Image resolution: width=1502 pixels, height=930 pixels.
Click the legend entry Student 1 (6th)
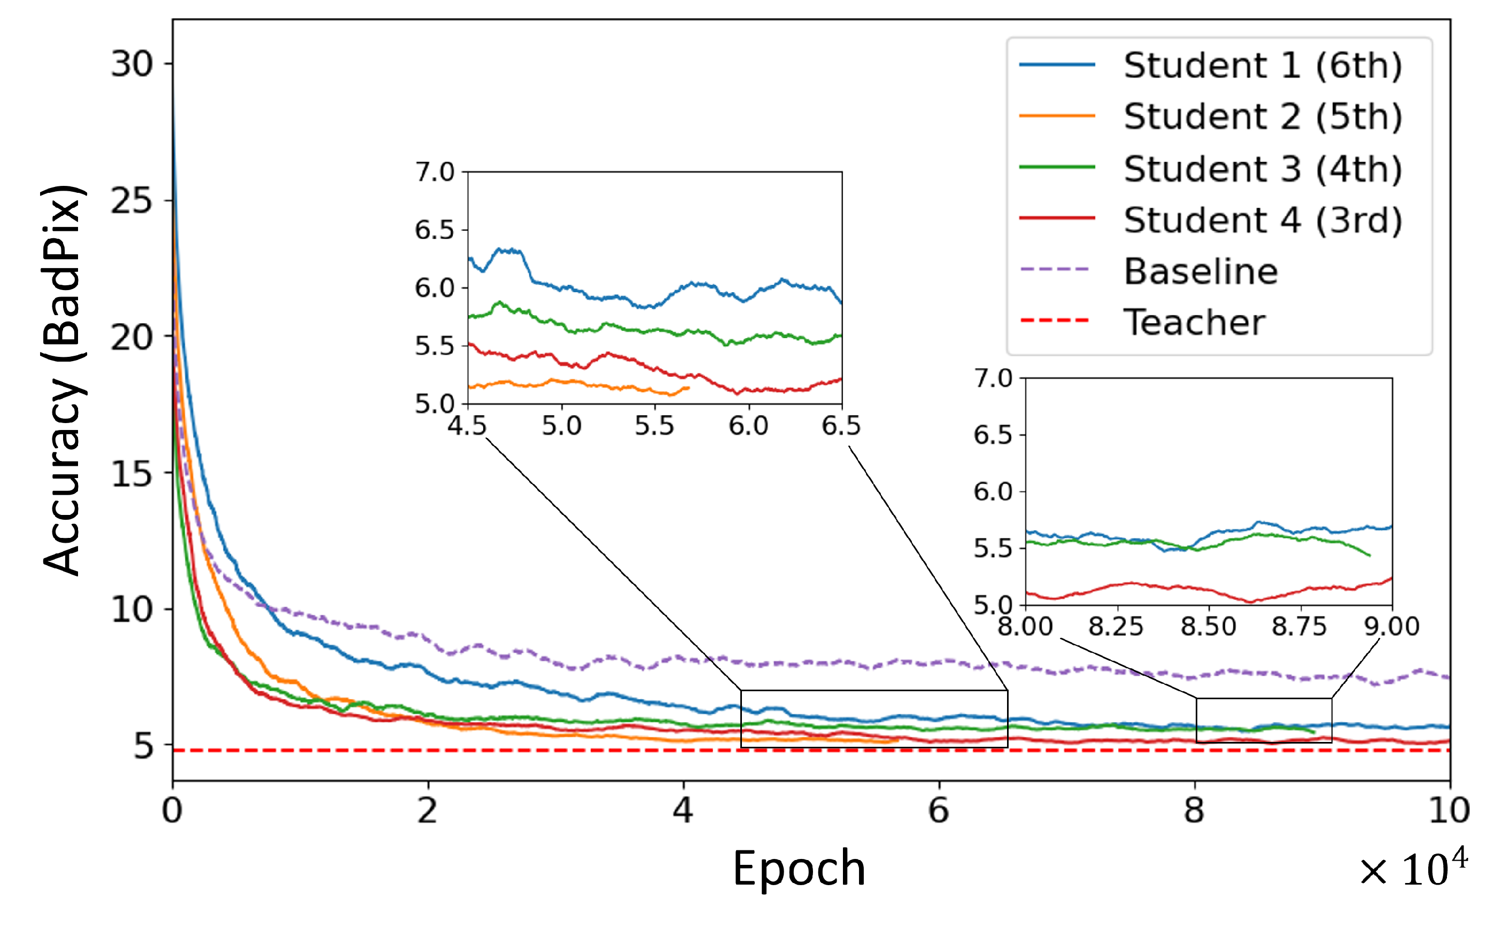(x=1261, y=65)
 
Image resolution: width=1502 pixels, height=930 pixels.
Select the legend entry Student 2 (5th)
(x=1261, y=116)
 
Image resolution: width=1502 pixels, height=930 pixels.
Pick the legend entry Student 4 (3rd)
(x=1261, y=220)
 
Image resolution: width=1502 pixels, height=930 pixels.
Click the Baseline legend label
(x=1200, y=271)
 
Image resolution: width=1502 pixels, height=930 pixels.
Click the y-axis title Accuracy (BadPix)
(x=61, y=380)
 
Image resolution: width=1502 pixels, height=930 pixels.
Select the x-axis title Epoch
(x=799, y=869)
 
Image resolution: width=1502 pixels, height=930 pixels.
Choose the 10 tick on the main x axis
(x=1449, y=811)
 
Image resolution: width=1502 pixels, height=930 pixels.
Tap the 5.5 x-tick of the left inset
(x=655, y=426)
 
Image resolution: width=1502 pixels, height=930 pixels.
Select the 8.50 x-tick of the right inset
(x=1208, y=627)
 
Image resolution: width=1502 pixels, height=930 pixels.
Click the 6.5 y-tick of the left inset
(x=435, y=230)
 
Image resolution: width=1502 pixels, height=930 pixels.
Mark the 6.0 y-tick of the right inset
(x=993, y=492)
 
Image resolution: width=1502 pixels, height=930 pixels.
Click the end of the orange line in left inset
(x=688, y=387)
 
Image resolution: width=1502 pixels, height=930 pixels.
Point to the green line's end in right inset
(x=1369, y=556)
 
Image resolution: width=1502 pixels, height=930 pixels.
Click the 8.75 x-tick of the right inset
(x=1299, y=627)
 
